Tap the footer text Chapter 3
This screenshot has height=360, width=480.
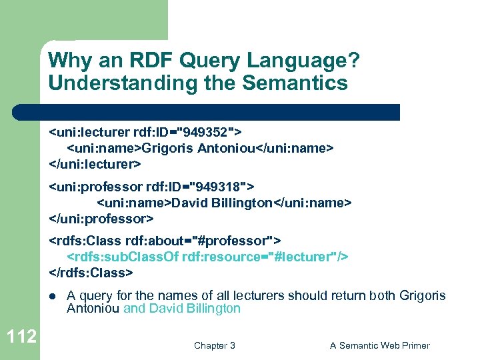[x=214, y=345]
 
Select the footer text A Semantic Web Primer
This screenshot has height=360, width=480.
[x=380, y=345]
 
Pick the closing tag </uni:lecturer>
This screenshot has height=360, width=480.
[x=95, y=163]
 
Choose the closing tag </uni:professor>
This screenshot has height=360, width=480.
[x=101, y=218]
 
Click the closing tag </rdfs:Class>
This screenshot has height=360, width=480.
[x=91, y=273]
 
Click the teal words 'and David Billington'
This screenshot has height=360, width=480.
[x=182, y=309]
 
